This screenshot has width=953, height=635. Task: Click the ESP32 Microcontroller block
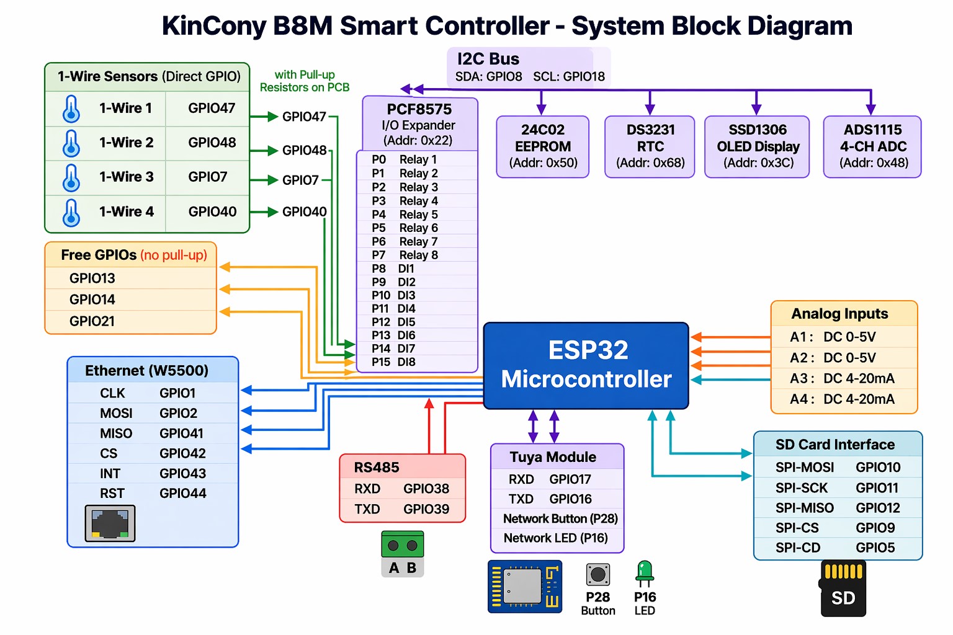point(586,365)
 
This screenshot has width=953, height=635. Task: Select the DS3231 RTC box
point(650,147)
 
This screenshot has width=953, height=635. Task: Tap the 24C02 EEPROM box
point(542,147)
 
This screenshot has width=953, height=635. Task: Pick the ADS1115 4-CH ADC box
point(872,147)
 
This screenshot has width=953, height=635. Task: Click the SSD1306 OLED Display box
point(757,147)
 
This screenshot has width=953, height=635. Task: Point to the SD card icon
point(843,588)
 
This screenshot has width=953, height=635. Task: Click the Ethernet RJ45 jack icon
point(110,523)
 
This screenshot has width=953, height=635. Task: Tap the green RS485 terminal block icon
point(402,545)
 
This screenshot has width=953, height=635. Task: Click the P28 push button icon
point(597,575)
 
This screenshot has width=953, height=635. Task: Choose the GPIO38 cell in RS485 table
point(426,489)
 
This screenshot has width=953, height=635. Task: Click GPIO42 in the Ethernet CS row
point(182,453)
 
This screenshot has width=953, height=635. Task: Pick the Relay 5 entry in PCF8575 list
point(418,215)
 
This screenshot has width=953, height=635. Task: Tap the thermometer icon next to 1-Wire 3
point(71,177)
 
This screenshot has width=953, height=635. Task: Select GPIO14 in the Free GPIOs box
point(92,300)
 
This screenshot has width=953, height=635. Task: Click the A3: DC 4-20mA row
point(842,378)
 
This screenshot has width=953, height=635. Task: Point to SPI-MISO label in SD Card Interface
point(804,508)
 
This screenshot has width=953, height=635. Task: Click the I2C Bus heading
point(488,59)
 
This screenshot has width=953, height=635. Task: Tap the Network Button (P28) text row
point(560,518)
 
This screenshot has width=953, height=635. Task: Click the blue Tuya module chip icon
point(525,587)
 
